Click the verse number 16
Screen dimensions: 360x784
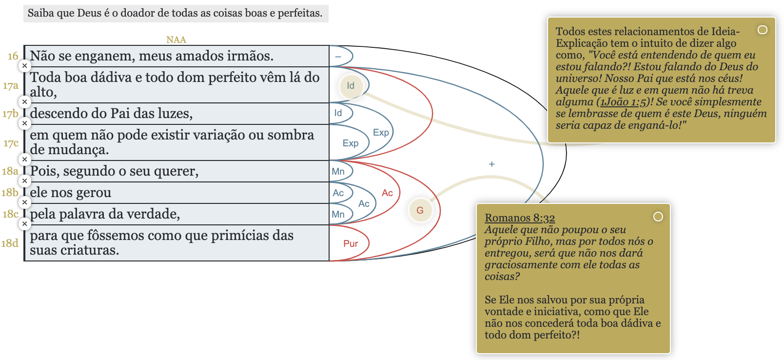[x=13, y=56]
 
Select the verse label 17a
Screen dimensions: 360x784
[x=11, y=86]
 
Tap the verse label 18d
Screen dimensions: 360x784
[x=10, y=243]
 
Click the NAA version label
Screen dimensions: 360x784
[x=176, y=40]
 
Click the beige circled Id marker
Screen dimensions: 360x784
[x=351, y=86]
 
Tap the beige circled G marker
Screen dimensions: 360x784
[x=420, y=210]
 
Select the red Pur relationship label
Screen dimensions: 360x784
[x=351, y=243]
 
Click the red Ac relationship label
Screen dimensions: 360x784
[x=387, y=193]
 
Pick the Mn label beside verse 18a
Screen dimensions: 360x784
[x=338, y=172]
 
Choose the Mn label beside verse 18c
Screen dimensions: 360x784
[x=338, y=215]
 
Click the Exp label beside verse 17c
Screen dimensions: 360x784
[x=351, y=143]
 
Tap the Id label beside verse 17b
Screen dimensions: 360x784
[x=338, y=113]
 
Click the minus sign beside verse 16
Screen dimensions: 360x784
[x=338, y=57]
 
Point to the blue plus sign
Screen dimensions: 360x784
[x=491, y=164]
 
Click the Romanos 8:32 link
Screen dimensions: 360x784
[x=520, y=218]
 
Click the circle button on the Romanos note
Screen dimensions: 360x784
[x=658, y=217]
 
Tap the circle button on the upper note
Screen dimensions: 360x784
[x=763, y=30]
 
